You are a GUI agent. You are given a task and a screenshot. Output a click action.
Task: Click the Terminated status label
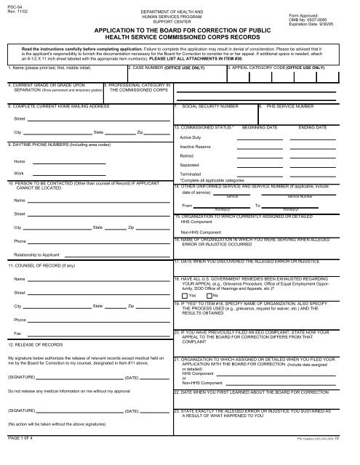tap(191, 174)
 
